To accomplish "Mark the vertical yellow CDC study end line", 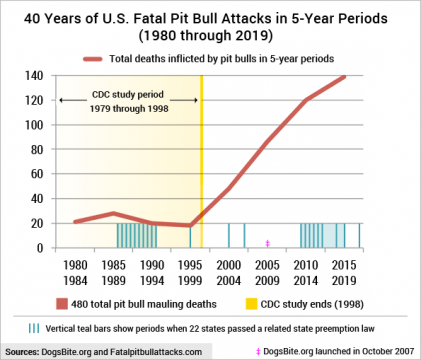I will click(x=202, y=160).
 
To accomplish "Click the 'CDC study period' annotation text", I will click(x=125, y=106).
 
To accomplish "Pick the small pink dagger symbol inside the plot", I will click(x=267, y=243).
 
